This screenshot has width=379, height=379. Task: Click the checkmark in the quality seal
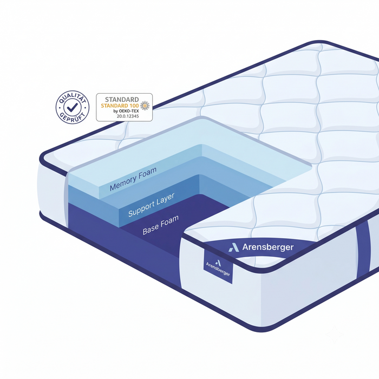[72, 107]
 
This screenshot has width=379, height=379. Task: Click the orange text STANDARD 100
[120, 106]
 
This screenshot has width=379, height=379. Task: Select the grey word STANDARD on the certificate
[122, 99]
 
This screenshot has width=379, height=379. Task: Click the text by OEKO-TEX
[126, 111]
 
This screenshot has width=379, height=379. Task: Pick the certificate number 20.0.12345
[128, 116]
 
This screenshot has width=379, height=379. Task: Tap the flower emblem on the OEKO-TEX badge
[145, 106]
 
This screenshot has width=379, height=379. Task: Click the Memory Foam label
[133, 179]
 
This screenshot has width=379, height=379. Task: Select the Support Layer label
[151, 205]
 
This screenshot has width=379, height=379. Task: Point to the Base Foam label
[160, 225]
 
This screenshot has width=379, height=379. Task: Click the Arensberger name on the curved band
[268, 247]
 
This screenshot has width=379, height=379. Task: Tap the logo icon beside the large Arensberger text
[234, 247]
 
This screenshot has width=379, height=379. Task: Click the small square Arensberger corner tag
[218, 266]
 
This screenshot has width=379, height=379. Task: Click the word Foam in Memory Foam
[147, 173]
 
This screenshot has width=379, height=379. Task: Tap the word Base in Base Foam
[151, 229]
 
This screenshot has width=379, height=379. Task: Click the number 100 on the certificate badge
[134, 106]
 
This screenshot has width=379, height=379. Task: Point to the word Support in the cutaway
[141, 210]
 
